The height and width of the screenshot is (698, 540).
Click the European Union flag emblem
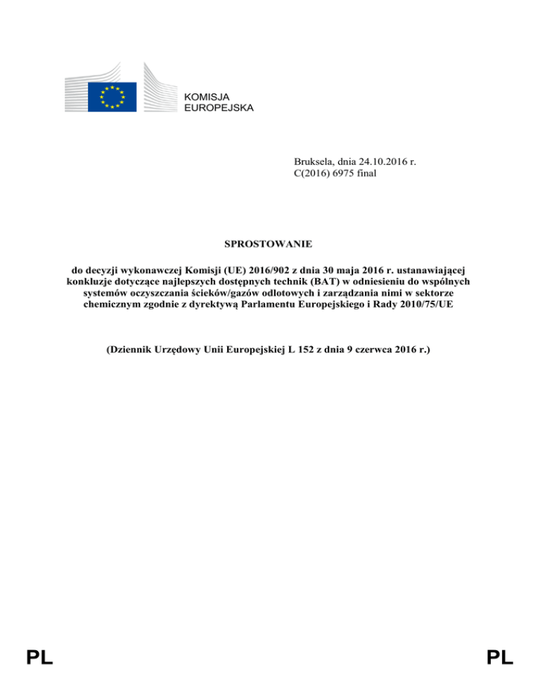[112, 96]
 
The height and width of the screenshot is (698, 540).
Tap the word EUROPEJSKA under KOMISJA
[218, 108]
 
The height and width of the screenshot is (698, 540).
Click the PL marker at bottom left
[40, 658]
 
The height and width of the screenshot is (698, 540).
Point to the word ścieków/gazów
[228, 293]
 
